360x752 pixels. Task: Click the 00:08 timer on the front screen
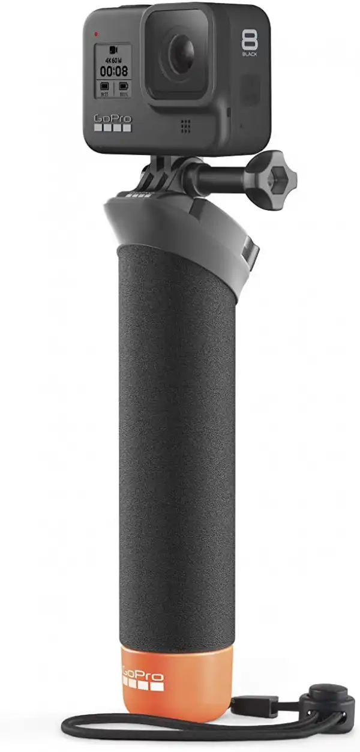113,70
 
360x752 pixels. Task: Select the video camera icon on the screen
112,49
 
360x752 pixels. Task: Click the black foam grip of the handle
174,450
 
